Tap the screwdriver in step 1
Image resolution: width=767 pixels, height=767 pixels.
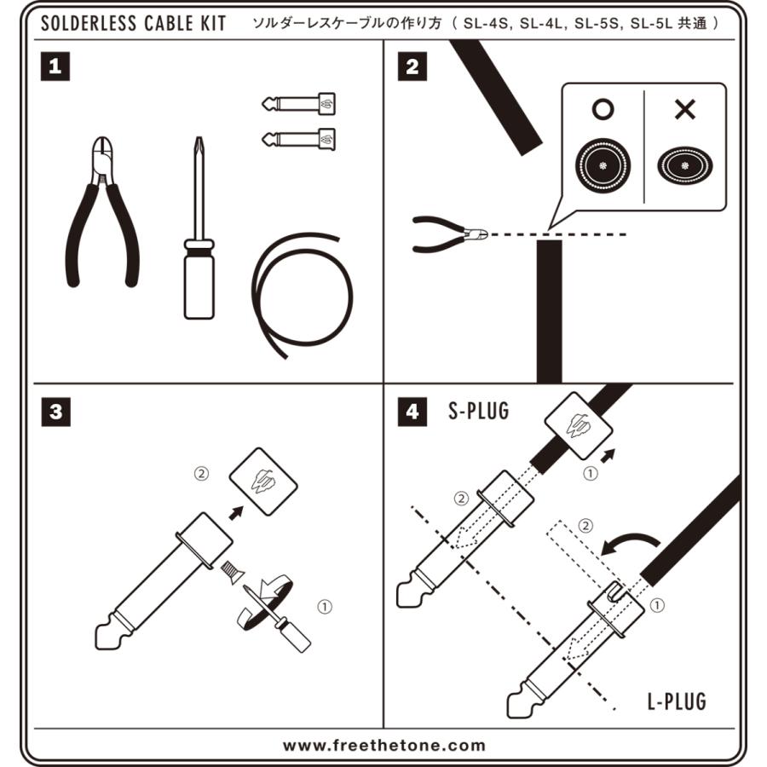click(x=199, y=239)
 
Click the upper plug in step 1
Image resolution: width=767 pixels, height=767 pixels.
click(x=298, y=105)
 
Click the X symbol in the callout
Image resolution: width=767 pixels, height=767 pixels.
click(x=684, y=108)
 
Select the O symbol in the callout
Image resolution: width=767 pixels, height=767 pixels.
click(x=603, y=108)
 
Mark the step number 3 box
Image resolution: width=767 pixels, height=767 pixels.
click(x=55, y=412)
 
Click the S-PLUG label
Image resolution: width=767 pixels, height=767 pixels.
click(x=478, y=412)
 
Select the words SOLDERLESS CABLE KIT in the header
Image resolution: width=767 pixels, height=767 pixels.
click(x=134, y=23)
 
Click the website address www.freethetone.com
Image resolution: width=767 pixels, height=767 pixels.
click(x=383, y=745)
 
